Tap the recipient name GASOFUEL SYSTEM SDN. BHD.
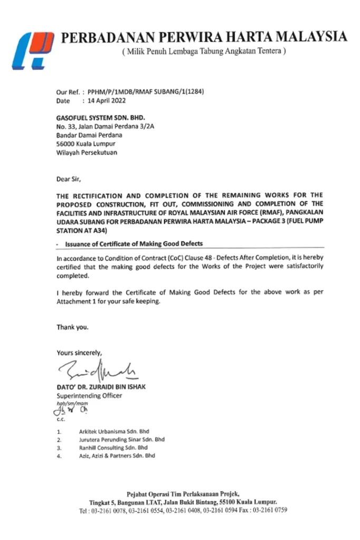click(100, 118)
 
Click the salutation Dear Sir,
click(69, 179)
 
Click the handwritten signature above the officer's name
click(98, 370)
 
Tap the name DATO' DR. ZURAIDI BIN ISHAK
click(101, 387)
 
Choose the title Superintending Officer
click(89, 395)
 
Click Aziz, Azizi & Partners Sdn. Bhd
click(117, 456)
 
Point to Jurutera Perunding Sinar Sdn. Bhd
click(122, 439)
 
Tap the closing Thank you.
click(73, 327)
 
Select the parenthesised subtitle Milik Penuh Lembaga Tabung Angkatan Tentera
click(203, 52)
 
